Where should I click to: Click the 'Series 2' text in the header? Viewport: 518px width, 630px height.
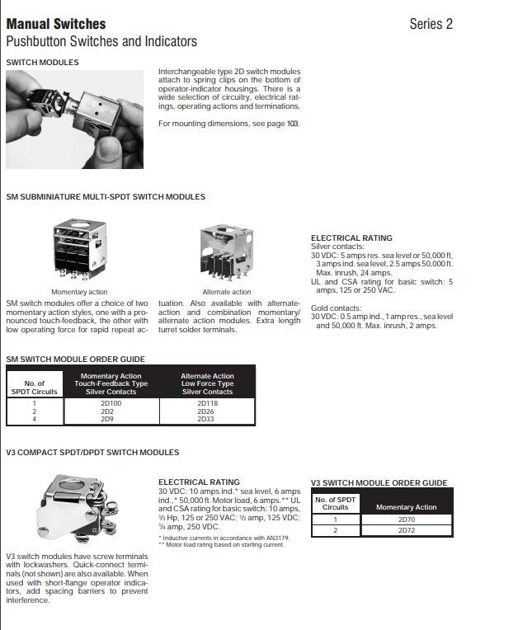[431, 24]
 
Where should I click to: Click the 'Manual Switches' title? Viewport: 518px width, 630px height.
[55, 24]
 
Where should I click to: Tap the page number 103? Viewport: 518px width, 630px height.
[292, 124]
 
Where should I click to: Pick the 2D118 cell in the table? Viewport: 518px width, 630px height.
[206, 403]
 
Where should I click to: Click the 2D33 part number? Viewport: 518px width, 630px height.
[206, 419]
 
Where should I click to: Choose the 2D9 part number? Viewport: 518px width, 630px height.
[107, 419]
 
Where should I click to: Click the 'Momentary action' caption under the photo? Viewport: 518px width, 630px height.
[79, 292]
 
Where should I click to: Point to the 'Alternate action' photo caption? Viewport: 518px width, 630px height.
[227, 292]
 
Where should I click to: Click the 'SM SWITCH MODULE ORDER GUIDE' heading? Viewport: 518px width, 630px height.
[75, 359]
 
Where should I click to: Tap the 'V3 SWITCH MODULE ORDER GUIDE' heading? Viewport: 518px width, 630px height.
[379, 482]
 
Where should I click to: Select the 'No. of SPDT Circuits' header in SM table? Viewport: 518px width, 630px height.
[35, 388]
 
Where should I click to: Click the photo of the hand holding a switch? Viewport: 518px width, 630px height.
[74, 119]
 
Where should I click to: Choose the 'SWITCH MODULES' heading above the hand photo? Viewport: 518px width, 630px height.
[42, 62]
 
